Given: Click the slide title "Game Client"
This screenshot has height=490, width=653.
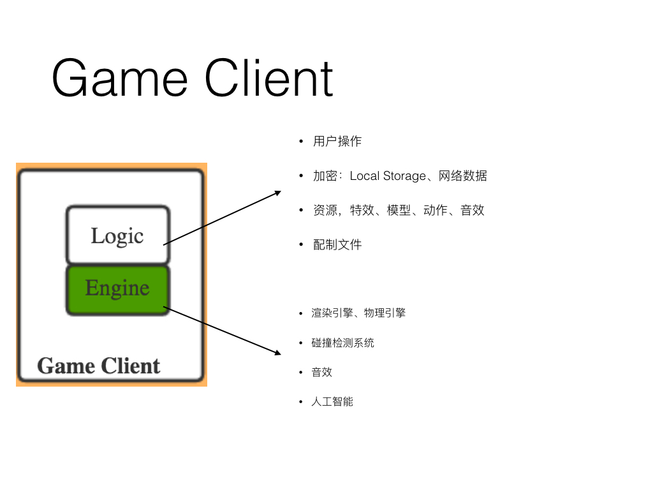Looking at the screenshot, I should pos(192,78).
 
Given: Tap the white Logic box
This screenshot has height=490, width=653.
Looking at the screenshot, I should pos(117,235).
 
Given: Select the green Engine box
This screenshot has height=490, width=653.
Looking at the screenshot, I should pos(117,289).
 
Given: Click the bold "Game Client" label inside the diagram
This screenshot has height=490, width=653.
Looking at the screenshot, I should pos(98,366).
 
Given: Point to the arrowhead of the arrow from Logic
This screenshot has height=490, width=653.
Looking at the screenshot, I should pos(278,191).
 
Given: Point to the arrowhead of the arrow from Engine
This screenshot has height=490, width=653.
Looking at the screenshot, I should pos(278,352).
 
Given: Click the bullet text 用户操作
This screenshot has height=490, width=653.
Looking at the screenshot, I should pos(337,141).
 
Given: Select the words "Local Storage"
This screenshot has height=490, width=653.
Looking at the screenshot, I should pos(388,175).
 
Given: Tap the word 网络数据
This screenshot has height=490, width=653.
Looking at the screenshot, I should pos(463,175).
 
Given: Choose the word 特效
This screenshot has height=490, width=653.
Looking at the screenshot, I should pos(362,210).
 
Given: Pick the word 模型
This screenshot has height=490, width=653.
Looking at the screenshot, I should pos(399,210).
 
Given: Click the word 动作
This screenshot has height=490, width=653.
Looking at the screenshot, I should pos(436,210).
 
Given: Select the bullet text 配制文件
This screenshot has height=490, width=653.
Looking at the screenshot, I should pos(337,244).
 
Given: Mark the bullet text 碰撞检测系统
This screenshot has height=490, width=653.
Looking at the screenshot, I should pos(342,343).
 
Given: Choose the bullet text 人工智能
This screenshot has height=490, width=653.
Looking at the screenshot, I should pos(332,401).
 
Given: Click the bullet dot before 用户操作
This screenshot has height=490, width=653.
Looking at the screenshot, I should pos(301,142).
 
